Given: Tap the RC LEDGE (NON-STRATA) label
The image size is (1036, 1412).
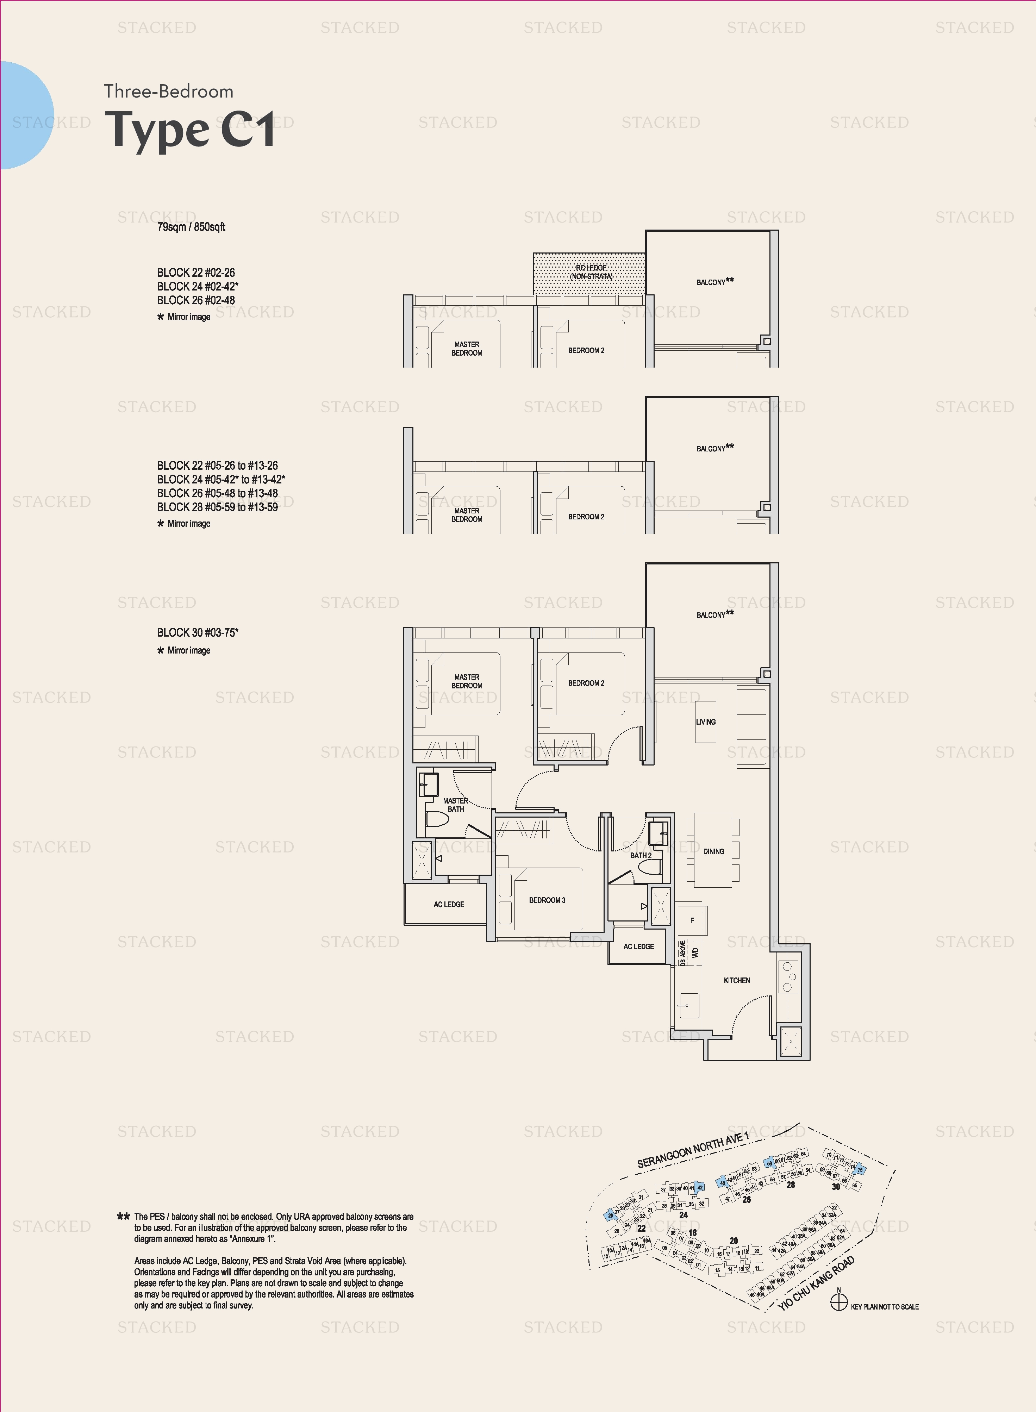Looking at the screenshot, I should coord(591,272).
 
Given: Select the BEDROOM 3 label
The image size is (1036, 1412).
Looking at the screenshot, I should coord(547,900).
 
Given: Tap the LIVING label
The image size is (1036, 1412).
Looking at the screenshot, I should coord(705,722).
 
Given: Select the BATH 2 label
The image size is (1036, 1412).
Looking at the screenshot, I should coord(640,855).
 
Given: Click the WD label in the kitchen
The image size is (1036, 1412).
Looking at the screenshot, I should coord(695,952).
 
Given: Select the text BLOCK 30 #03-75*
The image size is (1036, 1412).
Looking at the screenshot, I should coord(198,633).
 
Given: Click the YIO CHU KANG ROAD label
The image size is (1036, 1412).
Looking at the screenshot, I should coord(816,1284).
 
